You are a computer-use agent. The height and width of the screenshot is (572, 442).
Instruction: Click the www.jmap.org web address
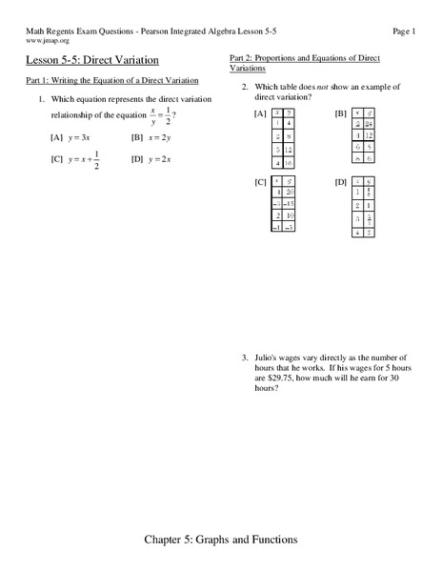(x=45, y=41)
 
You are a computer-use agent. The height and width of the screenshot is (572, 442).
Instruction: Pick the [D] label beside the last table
(x=340, y=181)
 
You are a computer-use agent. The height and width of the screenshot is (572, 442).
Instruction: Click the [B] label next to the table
(x=340, y=114)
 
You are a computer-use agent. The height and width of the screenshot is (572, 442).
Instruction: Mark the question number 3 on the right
(x=244, y=357)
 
